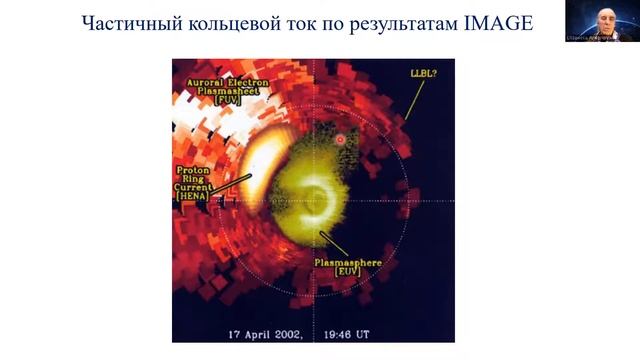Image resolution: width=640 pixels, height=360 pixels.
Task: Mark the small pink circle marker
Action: click(x=341, y=139)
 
